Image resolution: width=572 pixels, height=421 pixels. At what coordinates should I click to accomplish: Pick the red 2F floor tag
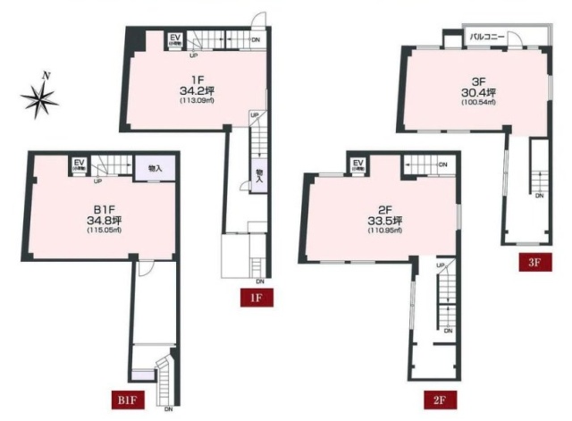(x=438, y=398)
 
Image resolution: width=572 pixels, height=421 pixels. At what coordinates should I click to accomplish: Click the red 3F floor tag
(x=534, y=263)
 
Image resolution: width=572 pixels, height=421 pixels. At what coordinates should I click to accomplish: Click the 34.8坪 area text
(x=79, y=220)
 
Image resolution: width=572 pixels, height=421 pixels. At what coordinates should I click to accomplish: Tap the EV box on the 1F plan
(x=175, y=39)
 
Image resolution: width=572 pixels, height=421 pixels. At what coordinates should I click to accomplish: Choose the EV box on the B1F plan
(x=79, y=165)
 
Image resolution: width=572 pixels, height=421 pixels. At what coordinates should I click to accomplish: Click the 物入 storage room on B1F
(x=154, y=167)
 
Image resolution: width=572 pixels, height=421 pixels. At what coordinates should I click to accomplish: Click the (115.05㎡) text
(x=79, y=232)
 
